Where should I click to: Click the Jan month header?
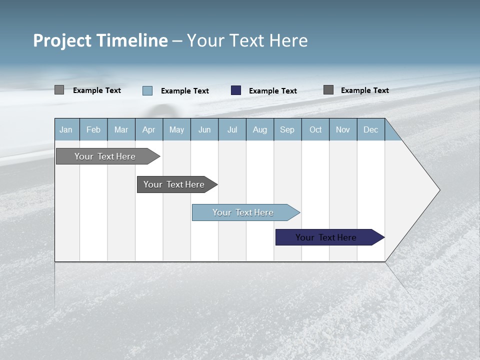(66, 129)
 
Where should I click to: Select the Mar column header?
(121, 129)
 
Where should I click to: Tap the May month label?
(176, 129)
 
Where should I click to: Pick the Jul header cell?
(232, 129)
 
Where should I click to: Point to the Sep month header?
(287, 129)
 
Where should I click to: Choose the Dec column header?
(370, 129)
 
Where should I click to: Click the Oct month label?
(315, 129)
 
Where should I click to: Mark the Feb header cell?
(93, 129)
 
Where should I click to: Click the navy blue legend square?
(236, 90)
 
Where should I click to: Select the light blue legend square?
(147, 90)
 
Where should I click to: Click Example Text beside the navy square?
(273, 91)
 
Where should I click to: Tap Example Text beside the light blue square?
(185, 91)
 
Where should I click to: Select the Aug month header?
(259, 129)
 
